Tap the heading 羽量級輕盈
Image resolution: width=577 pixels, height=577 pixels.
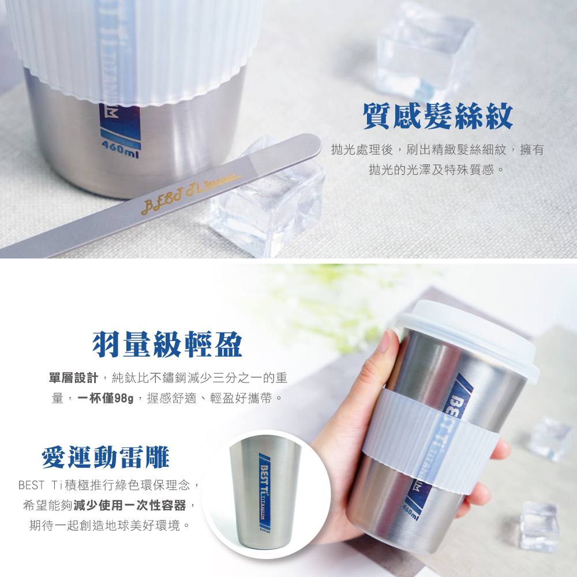click(x=167, y=344)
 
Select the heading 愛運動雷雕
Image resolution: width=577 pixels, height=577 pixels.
click(x=106, y=457)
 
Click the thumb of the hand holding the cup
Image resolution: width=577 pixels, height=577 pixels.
click(x=385, y=358)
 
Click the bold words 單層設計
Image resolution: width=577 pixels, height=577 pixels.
click(x=74, y=378)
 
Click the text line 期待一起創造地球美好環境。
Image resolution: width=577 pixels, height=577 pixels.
click(x=110, y=526)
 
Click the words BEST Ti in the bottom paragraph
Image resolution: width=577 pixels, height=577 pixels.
click(x=43, y=484)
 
